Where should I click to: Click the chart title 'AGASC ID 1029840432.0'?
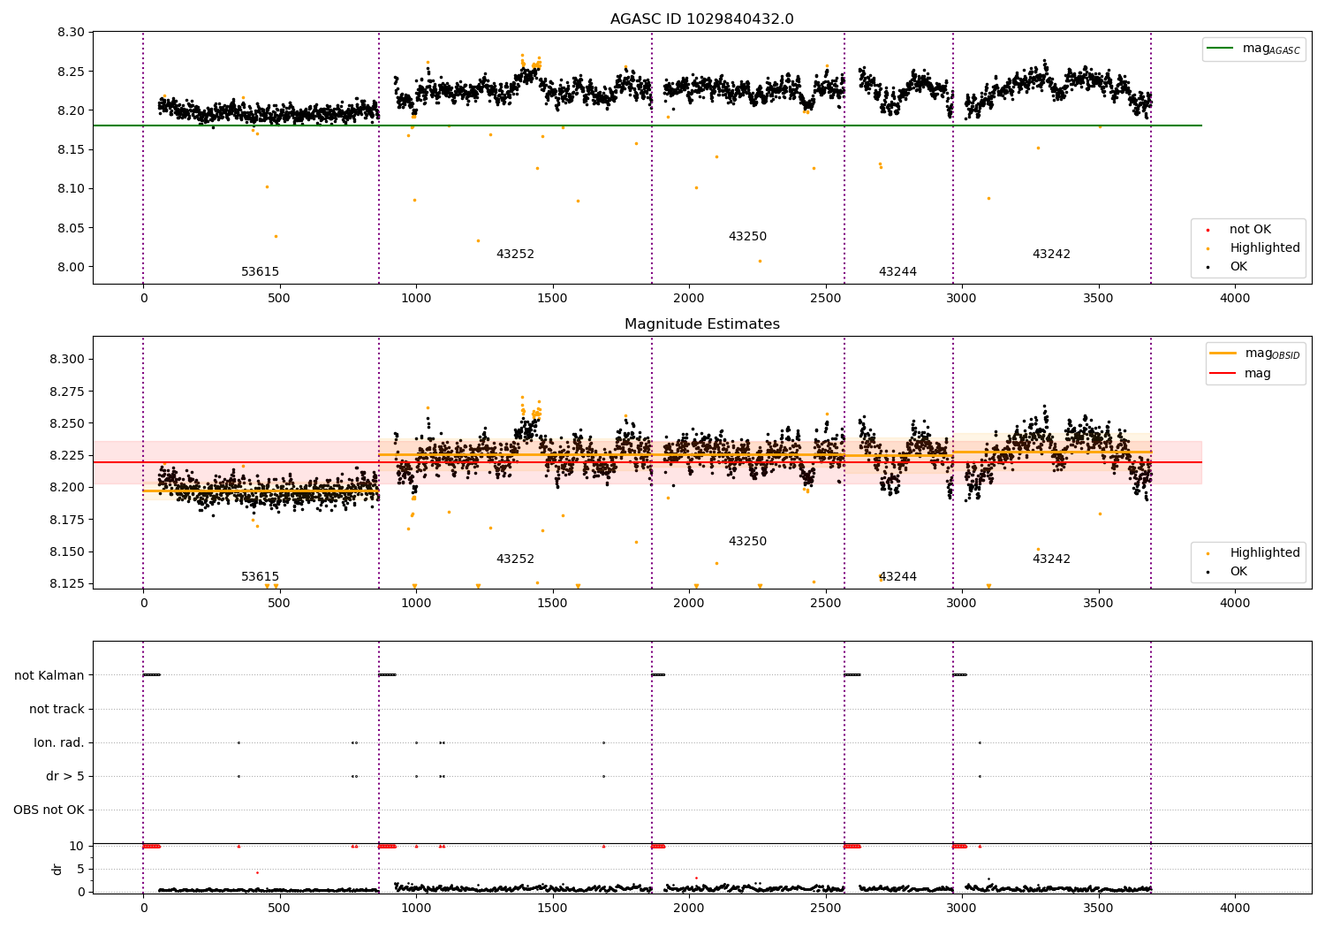pos(701,19)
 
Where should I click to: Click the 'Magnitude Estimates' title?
pos(701,324)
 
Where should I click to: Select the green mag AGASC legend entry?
pos(1253,49)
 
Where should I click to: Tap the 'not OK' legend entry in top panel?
pos(1249,230)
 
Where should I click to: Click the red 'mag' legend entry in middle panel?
pos(1257,374)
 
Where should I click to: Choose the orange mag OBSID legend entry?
pos(1257,354)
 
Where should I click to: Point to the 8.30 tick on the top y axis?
pos(71,33)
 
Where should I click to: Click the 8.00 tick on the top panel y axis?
pos(71,267)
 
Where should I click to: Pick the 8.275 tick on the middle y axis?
pos(67,392)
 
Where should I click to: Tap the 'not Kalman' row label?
pos(49,675)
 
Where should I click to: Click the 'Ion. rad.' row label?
pos(59,743)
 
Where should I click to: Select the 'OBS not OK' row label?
pos(49,810)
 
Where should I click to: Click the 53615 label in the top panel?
pos(260,272)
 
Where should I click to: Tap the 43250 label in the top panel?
pos(747,237)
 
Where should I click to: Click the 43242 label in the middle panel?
pos(1051,559)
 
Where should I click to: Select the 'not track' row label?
pos(57,710)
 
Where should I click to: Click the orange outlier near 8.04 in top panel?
pos(276,236)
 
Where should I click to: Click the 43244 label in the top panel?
pos(897,272)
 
